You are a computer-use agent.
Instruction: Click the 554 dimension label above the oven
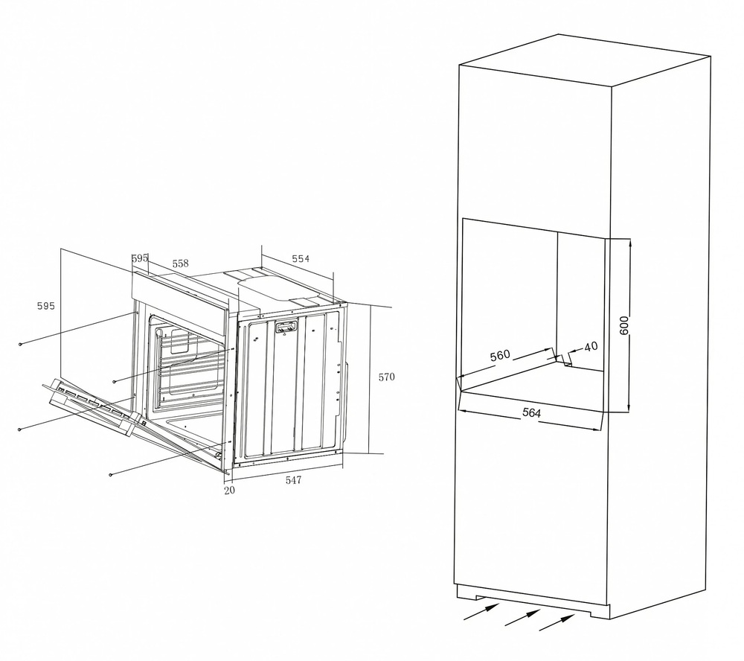(301, 259)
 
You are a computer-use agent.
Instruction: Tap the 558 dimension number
(180, 263)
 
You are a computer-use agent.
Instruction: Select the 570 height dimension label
(386, 377)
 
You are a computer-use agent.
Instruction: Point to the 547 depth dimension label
(293, 480)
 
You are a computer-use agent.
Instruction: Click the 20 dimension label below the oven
(229, 490)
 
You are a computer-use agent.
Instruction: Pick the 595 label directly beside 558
(140, 258)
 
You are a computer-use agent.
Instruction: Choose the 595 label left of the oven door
(46, 306)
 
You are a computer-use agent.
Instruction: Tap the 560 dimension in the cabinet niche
(500, 355)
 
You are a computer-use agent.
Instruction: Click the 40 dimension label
(591, 347)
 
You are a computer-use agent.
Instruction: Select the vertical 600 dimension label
(623, 325)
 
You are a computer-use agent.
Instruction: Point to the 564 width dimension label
(531, 412)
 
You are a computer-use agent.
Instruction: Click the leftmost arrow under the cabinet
(481, 612)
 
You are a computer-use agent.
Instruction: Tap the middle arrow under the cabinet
(522, 617)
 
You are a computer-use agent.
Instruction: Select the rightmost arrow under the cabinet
(557, 622)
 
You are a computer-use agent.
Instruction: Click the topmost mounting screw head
(20, 344)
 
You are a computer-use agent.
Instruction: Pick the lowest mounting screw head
(111, 474)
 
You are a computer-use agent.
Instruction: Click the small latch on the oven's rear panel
(286, 327)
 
